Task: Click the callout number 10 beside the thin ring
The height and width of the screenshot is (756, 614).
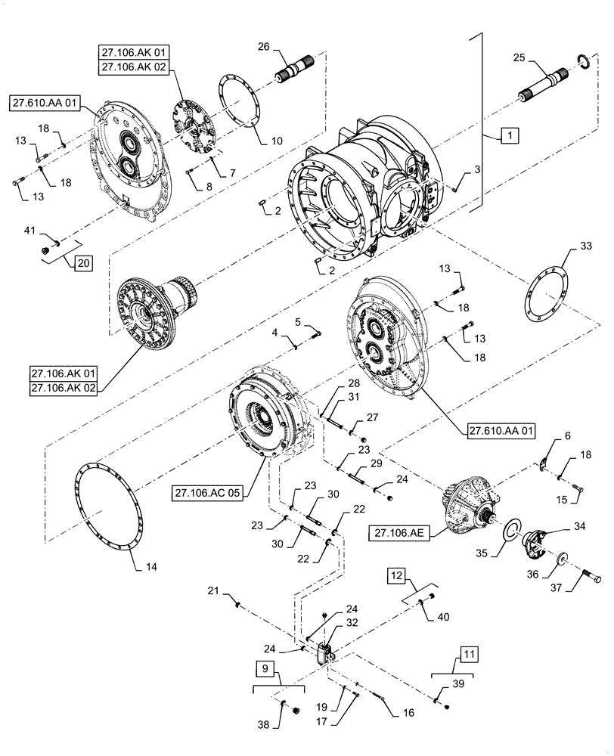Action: [256, 141]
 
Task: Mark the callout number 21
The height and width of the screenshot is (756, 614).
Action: [212, 590]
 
